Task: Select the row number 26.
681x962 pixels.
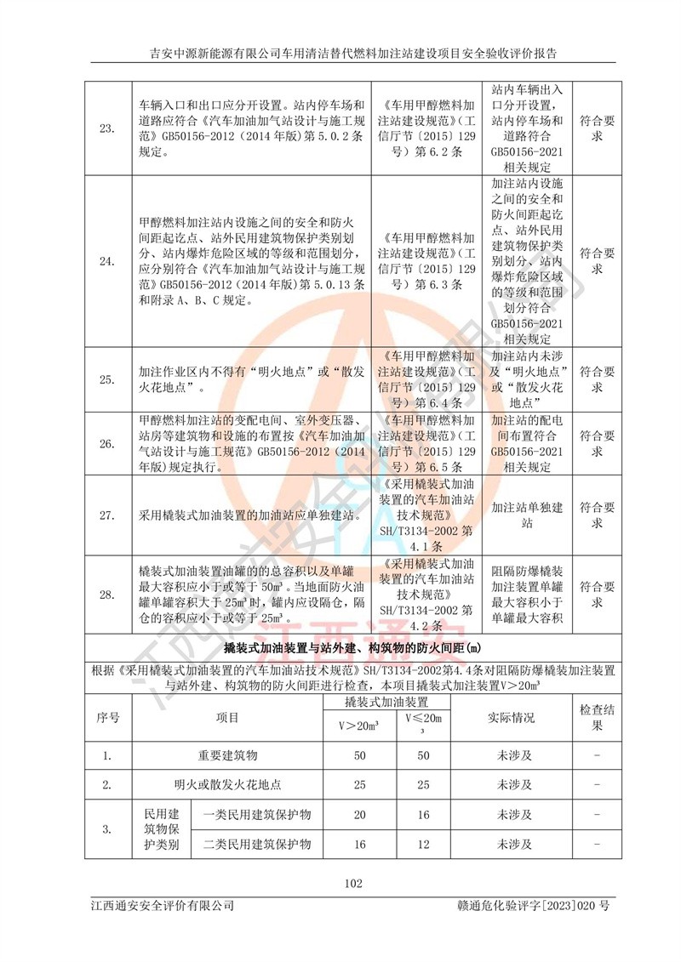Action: [107, 444]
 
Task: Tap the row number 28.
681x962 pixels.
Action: [107, 595]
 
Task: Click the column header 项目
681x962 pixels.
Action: [227, 717]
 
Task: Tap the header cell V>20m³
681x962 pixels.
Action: [358, 726]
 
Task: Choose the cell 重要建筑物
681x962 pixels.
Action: [227, 754]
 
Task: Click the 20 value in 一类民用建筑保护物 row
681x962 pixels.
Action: [358, 814]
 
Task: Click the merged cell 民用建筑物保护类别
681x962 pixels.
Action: [162, 829]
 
